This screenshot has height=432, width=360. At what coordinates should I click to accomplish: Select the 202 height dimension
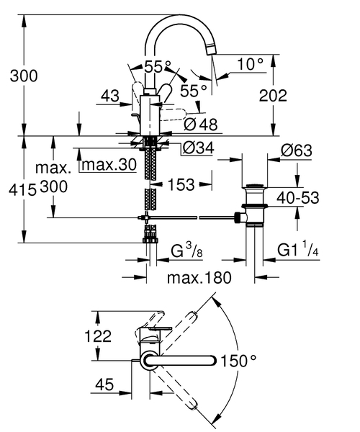273,95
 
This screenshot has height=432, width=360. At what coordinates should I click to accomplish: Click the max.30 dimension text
108,165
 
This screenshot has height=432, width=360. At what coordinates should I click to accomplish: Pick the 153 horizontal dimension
181,185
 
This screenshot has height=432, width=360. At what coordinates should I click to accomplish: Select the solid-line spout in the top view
184,360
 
